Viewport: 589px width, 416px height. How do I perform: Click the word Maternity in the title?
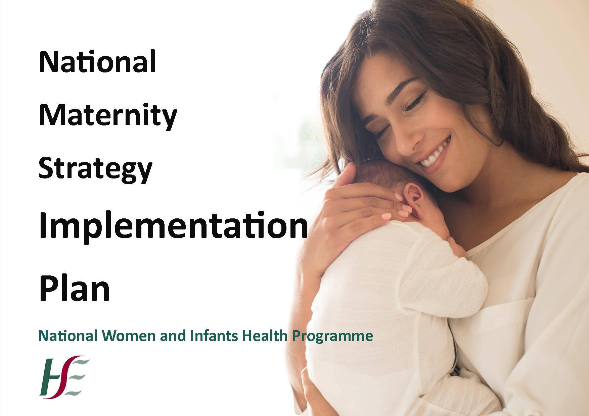click(x=108, y=116)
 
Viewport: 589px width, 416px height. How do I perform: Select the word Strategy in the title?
click(x=95, y=169)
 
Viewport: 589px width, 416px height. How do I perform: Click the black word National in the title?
click(x=97, y=62)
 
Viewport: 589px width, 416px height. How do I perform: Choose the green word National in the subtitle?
click(x=68, y=336)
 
